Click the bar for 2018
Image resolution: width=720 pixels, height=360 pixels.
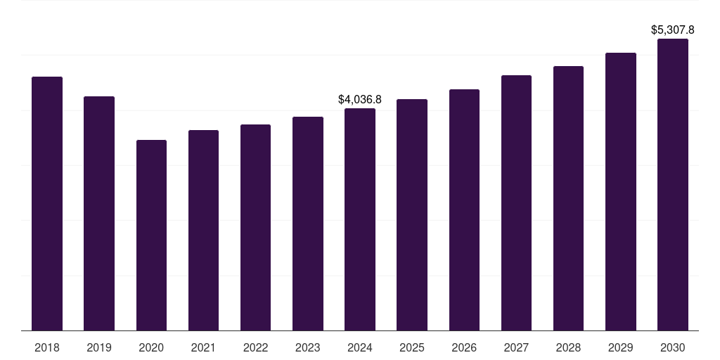[x=47, y=204]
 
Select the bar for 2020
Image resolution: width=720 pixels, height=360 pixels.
[x=151, y=236]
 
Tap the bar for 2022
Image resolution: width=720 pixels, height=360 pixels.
[x=255, y=228]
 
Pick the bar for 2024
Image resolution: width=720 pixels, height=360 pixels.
[x=360, y=219]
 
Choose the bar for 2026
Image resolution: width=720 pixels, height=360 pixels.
[x=464, y=210]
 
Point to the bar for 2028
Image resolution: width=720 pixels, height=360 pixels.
[x=568, y=198]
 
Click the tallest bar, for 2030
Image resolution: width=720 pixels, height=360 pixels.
[x=672, y=185]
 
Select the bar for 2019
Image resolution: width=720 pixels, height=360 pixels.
[x=99, y=214]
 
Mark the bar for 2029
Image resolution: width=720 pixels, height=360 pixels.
[x=620, y=192]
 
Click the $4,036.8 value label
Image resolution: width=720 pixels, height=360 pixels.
[x=360, y=100]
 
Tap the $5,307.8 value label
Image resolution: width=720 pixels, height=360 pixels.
[x=672, y=30]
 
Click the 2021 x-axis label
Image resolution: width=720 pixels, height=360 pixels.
[x=203, y=348]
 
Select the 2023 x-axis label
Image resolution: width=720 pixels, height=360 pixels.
[x=307, y=348]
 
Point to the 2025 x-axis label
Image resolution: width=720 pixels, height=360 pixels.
[x=412, y=348]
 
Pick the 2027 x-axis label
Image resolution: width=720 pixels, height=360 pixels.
[x=516, y=348]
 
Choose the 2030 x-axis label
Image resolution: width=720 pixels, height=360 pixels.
[x=672, y=348]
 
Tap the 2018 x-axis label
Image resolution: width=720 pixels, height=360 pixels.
[x=47, y=348]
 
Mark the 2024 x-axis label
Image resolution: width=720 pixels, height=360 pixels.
[x=360, y=348]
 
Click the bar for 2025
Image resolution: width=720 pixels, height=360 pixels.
[x=412, y=215]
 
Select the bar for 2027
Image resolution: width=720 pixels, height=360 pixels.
[x=516, y=203]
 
